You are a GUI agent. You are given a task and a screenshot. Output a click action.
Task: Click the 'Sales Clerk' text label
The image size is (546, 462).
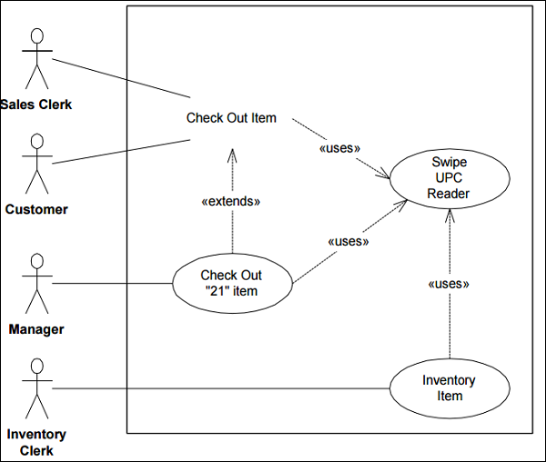[36, 105]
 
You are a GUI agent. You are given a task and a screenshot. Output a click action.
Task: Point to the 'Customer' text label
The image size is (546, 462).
[36, 209]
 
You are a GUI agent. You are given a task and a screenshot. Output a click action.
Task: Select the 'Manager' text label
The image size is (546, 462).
[36, 329]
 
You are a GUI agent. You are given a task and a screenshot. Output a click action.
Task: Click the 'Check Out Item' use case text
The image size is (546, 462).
[231, 117]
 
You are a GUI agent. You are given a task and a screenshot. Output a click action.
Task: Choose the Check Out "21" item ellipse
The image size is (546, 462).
[231, 283]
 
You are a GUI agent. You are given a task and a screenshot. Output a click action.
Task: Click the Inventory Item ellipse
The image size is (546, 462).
[450, 387]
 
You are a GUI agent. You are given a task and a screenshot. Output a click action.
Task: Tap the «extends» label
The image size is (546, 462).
[230, 202]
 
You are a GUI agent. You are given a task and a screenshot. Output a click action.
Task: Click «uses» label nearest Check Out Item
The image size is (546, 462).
[340, 147]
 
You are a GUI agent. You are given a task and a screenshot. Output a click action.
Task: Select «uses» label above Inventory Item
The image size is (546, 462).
[449, 284]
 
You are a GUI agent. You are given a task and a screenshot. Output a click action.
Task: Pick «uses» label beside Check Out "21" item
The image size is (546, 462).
[348, 242]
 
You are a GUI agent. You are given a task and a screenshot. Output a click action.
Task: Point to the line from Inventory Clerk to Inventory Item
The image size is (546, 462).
[218, 389]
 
